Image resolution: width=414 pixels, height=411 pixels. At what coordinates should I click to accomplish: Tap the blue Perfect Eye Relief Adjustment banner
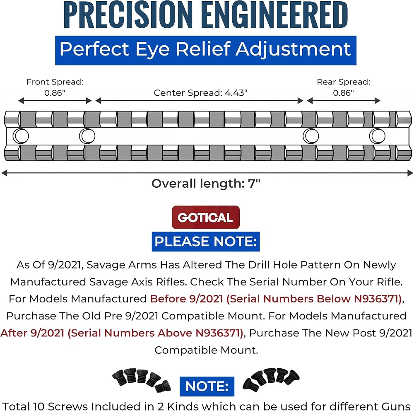point(206,50)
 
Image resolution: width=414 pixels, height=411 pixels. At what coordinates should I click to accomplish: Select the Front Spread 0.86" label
point(55,87)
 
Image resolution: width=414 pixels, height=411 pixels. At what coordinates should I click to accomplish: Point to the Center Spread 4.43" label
point(201,93)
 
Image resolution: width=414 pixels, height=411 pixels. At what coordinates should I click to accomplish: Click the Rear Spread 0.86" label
point(344,87)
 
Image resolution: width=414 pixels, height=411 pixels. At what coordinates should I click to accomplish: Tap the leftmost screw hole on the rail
point(21,136)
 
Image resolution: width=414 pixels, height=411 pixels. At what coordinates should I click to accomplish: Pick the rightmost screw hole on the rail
point(377,136)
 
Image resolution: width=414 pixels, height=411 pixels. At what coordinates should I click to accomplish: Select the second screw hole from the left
point(87,136)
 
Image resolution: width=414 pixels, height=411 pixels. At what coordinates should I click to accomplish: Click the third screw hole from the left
point(311,136)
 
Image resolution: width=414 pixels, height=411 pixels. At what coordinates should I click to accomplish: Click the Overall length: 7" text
point(206,184)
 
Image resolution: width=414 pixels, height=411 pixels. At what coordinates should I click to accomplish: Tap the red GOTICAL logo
point(206,217)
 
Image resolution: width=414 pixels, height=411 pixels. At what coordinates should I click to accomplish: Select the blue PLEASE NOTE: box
point(206,242)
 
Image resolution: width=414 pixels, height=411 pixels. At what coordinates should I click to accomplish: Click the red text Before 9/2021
point(187,299)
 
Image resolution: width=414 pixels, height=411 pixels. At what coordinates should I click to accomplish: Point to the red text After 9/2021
point(32,333)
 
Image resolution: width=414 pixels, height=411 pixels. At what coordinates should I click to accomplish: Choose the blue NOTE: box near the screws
point(207,386)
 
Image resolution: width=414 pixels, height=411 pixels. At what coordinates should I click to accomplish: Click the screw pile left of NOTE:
point(142,379)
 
